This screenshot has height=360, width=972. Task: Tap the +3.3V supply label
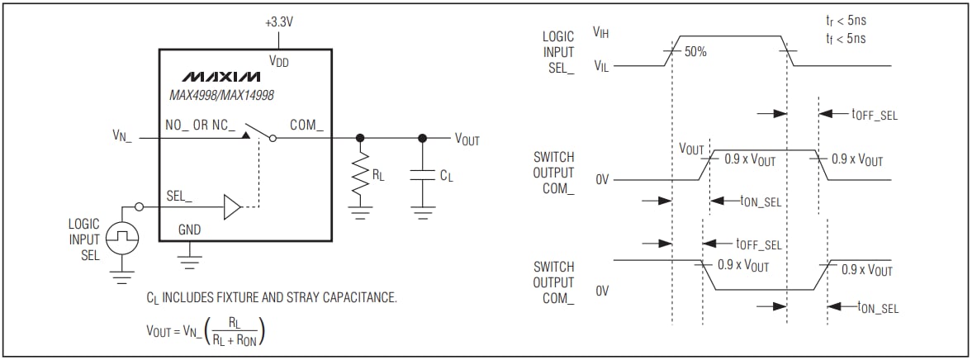click(x=279, y=22)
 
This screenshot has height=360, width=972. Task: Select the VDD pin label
click(x=279, y=60)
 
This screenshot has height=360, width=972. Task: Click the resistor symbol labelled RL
click(x=359, y=176)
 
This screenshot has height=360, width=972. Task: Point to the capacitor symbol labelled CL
click(x=423, y=176)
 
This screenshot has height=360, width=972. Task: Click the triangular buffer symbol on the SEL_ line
click(x=232, y=206)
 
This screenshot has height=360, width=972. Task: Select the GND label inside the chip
click(x=189, y=230)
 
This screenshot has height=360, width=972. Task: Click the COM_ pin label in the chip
click(x=306, y=126)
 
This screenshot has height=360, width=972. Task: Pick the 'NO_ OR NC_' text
click(x=201, y=126)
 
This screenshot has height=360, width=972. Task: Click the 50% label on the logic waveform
click(x=695, y=50)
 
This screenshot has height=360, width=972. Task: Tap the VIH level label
click(x=600, y=31)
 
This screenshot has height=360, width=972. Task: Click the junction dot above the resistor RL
click(x=359, y=138)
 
